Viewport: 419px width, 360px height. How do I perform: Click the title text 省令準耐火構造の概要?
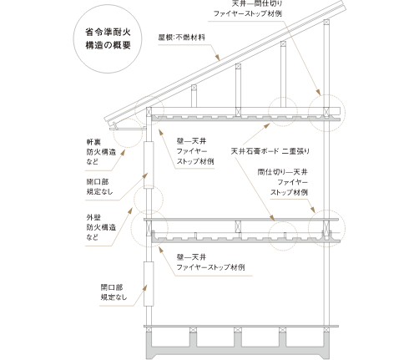pyautogui.click(x=108, y=38)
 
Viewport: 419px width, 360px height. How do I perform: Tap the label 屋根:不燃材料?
pyautogui.click(x=182, y=38)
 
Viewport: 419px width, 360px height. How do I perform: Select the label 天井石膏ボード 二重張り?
pyautogui.click(x=270, y=151)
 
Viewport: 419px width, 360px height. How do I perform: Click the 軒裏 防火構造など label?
pyautogui.click(x=101, y=152)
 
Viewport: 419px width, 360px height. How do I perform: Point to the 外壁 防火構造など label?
pyautogui.click(x=101, y=227)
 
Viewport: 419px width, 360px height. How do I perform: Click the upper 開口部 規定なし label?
pyautogui.click(x=99, y=186)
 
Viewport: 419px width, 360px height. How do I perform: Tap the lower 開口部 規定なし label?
pyautogui.click(x=114, y=292)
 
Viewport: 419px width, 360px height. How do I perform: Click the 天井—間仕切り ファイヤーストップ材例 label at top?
pyautogui.click(x=248, y=8)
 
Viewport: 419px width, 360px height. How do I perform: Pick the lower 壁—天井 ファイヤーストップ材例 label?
pyautogui.click(x=210, y=262)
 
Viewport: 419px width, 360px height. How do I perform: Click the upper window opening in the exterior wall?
pyautogui.click(x=149, y=165)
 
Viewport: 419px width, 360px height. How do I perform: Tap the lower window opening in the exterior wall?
pyautogui.click(x=149, y=284)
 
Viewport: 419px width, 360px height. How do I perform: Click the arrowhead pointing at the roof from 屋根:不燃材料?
pyautogui.click(x=217, y=57)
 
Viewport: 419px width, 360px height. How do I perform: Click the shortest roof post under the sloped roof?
pyautogui.click(x=194, y=96)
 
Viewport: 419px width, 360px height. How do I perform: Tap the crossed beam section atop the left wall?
pyautogui.click(x=149, y=112)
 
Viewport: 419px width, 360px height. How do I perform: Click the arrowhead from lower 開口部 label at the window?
pyautogui.click(x=144, y=288)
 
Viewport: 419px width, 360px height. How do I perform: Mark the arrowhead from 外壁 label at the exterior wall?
pyautogui.click(x=130, y=210)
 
